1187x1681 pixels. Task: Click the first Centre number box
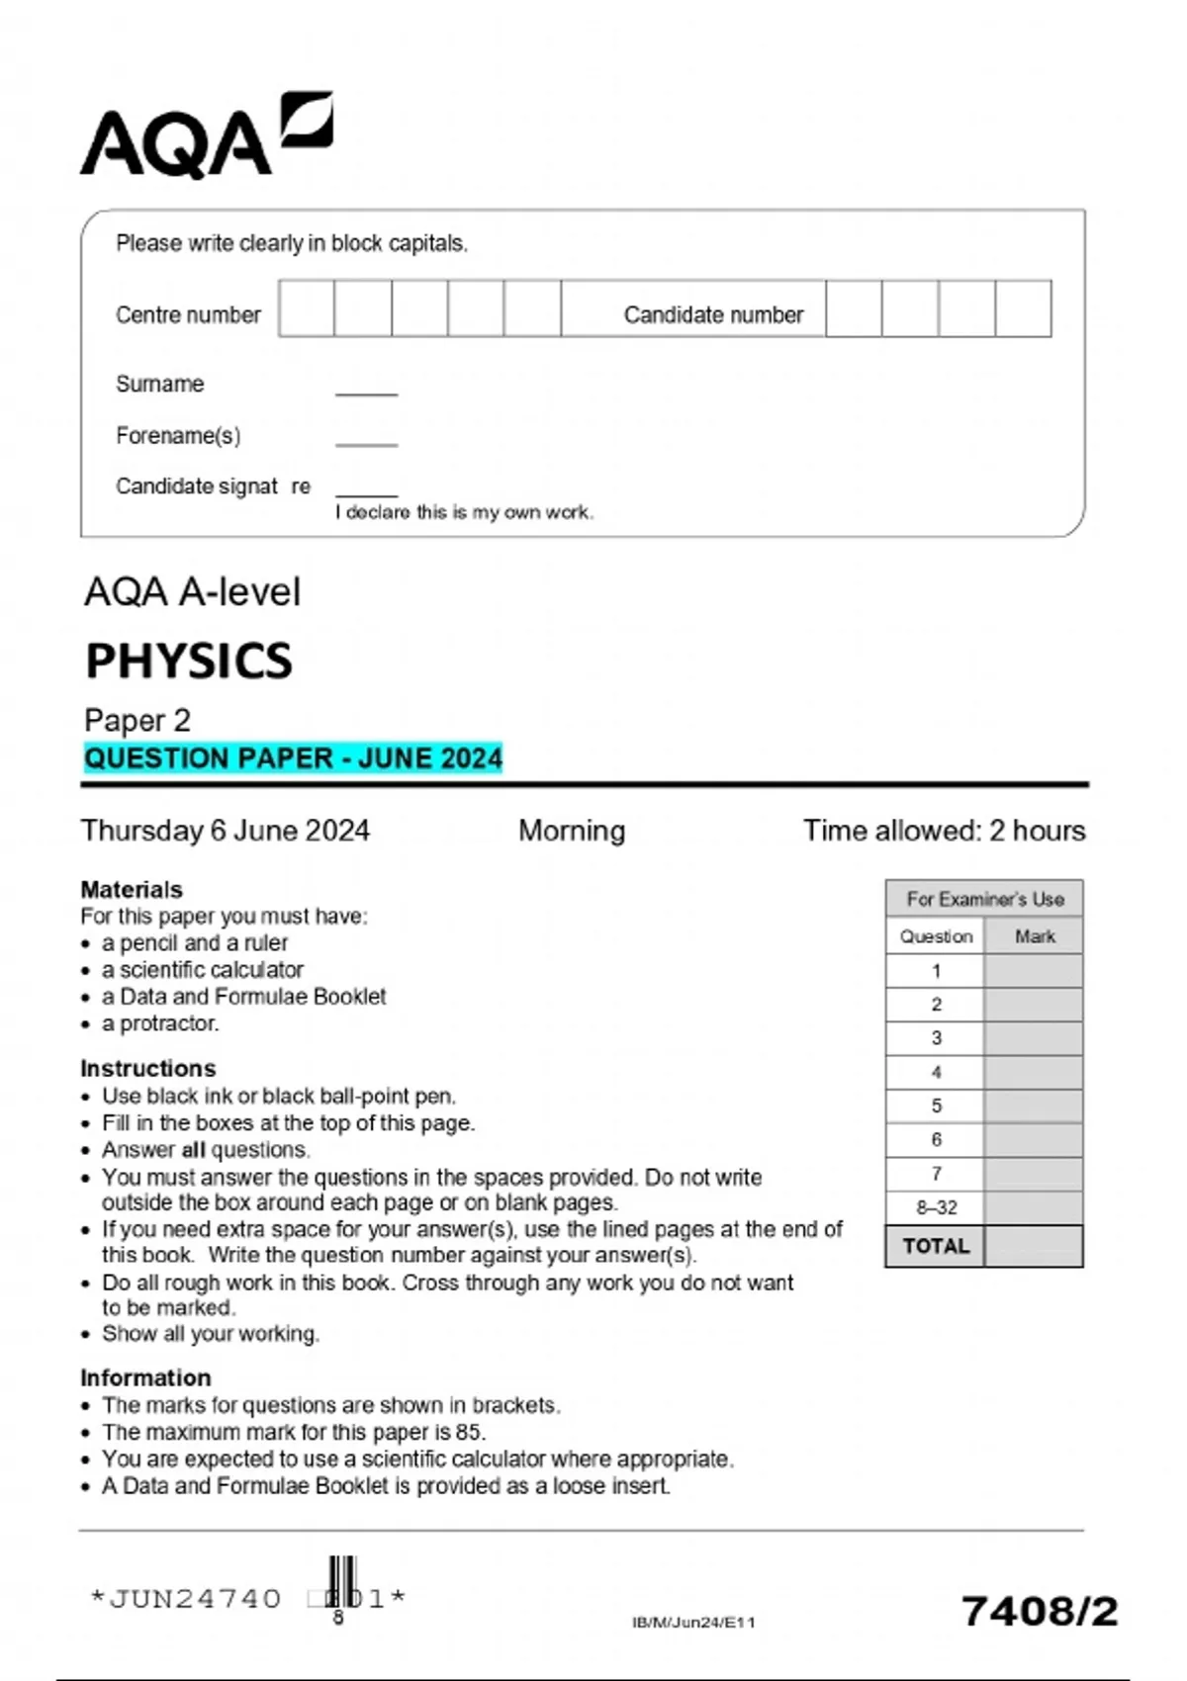coord(307,309)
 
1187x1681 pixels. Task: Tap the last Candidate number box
coord(1023,309)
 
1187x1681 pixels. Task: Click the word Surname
coord(159,384)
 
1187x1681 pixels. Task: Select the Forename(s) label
coord(178,436)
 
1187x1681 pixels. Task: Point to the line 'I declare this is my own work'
coord(464,512)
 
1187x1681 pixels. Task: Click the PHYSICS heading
coord(189,661)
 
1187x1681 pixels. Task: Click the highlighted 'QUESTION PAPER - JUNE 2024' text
coord(293,758)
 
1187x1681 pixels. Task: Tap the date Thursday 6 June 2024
coord(226,830)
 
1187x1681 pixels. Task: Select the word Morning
coord(572,830)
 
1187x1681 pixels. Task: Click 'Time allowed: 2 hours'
coord(944,830)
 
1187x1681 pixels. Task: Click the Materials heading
coord(132,889)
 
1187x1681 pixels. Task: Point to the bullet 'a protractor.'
coord(159,1023)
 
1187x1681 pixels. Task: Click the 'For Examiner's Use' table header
coord(984,899)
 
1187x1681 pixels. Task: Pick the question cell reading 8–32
coord(936,1207)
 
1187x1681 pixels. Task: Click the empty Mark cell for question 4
coord(1034,1072)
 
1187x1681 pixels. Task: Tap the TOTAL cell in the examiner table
coord(936,1246)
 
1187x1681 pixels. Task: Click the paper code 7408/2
coord(1039,1611)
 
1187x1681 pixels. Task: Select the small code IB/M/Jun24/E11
coord(693,1622)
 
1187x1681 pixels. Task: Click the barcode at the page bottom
coord(342,1582)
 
